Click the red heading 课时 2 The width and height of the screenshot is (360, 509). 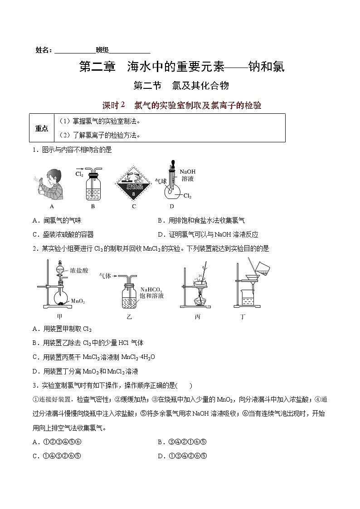(x=113, y=105)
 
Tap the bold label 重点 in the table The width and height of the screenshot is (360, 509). (x=42, y=129)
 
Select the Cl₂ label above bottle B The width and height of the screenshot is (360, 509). (x=79, y=174)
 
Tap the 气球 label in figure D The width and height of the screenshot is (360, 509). (x=161, y=180)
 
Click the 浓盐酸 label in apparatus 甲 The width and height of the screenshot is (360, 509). (x=79, y=271)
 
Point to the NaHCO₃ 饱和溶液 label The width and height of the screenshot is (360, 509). (x=151, y=292)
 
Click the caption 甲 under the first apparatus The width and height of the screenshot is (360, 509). (x=59, y=317)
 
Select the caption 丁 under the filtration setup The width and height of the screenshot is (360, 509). (x=243, y=317)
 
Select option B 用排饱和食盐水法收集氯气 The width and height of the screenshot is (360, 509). (x=201, y=221)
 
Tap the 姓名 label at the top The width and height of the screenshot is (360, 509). (x=44, y=50)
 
